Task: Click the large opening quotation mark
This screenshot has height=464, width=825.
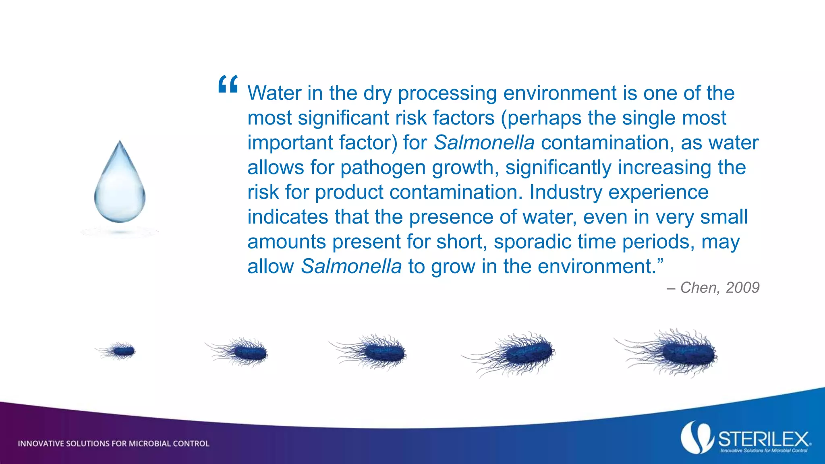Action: click(x=228, y=84)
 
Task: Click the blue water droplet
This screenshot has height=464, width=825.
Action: click(x=120, y=185)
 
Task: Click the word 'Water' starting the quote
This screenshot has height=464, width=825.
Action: click(x=274, y=93)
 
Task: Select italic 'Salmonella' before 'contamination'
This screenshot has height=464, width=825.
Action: click(x=484, y=143)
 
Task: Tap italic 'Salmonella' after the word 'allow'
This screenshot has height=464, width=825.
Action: click(x=351, y=266)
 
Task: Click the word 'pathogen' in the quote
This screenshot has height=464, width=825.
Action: click(x=383, y=168)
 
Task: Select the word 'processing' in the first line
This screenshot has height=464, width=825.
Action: click(x=447, y=93)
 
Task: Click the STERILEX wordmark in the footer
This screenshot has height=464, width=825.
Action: click(x=763, y=439)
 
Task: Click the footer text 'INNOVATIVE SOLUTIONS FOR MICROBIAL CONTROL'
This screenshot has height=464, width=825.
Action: click(x=114, y=443)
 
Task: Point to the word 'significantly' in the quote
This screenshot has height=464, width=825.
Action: click(x=558, y=168)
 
